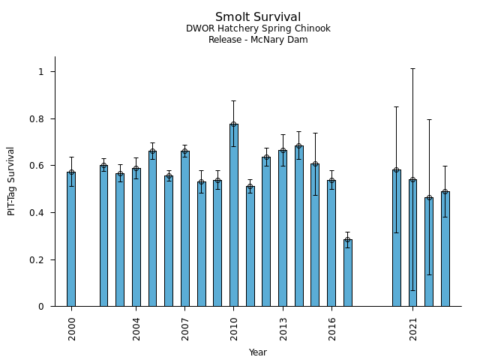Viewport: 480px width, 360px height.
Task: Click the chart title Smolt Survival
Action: [258, 17]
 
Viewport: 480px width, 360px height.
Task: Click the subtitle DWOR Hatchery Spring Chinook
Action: [258, 29]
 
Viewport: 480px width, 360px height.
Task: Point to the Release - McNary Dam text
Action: [258, 40]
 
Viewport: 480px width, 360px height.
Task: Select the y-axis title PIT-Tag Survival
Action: [11, 181]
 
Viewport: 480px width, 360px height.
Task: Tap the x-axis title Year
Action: [258, 352]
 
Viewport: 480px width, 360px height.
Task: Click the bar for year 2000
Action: [71, 240]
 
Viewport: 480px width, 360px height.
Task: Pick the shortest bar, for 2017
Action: [348, 273]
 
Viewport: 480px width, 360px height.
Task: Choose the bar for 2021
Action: [412, 244]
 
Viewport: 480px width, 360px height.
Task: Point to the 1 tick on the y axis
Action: [46, 72]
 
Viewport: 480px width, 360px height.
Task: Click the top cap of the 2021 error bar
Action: [412, 68]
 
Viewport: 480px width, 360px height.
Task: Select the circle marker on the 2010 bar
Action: [234, 124]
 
